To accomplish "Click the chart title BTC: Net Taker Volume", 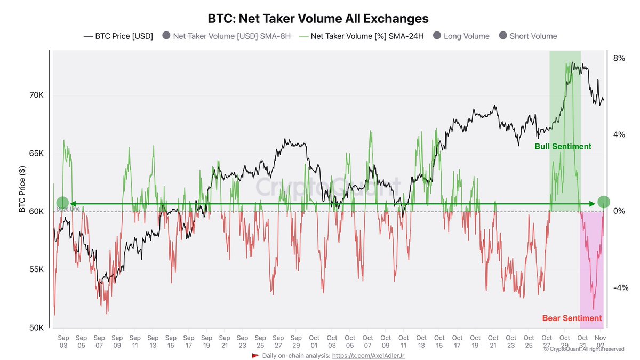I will coord(318,19).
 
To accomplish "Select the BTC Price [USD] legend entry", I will coord(118,36).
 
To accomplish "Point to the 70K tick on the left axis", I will coord(36,95).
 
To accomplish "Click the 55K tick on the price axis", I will coord(36,269).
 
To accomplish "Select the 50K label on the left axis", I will coord(36,327).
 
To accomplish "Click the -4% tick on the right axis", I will coord(620,288).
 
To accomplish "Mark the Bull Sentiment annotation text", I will coord(563,146).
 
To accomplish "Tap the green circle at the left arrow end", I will coord(62,203).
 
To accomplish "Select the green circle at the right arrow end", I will coord(603,202).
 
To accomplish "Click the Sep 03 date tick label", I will coord(63,341).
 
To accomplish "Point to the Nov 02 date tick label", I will coord(601,341).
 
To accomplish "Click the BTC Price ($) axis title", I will coord(22,189).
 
